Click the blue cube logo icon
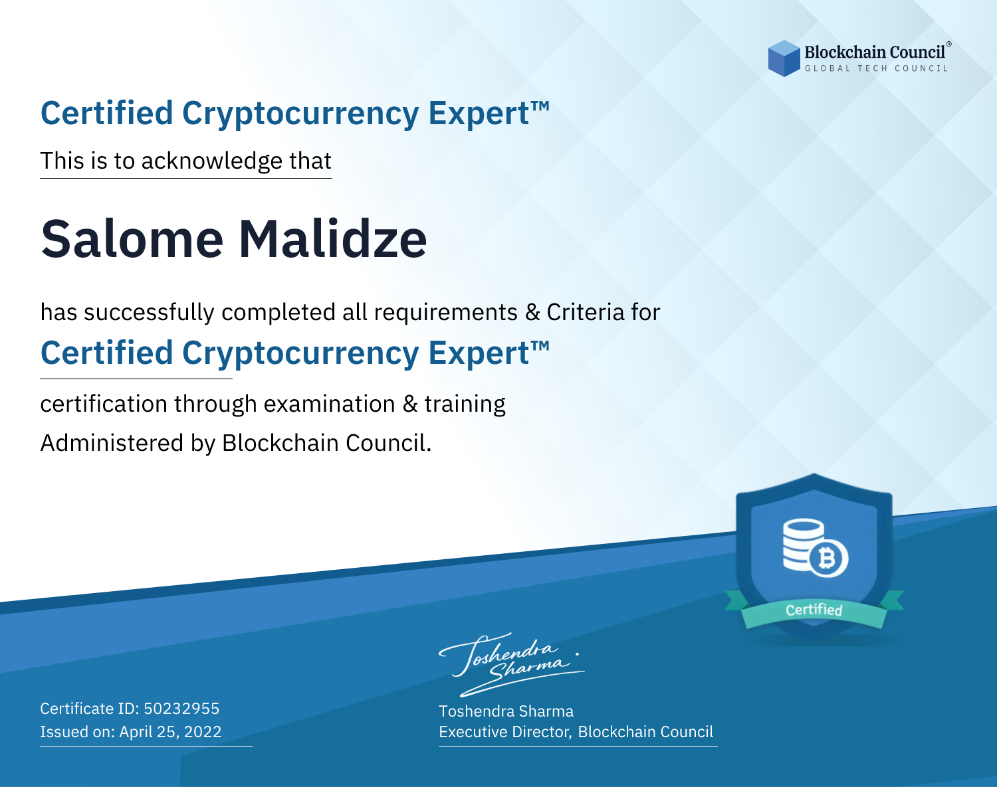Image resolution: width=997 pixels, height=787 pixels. (x=784, y=58)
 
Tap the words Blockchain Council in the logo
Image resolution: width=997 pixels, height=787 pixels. (x=875, y=52)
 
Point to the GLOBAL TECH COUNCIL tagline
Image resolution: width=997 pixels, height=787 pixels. (x=876, y=68)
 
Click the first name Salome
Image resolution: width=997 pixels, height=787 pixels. (x=132, y=239)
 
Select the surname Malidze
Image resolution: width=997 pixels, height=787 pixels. (x=332, y=238)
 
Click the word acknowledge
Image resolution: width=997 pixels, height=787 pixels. (x=212, y=161)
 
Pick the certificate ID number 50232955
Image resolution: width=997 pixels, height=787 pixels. (x=181, y=708)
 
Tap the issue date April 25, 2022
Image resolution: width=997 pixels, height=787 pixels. (x=171, y=731)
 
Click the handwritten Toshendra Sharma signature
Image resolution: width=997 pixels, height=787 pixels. (x=511, y=664)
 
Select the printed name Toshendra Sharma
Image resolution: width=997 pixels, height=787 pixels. (x=506, y=711)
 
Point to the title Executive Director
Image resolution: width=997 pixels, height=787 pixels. (x=504, y=732)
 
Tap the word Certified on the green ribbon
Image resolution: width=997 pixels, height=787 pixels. (x=814, y=610)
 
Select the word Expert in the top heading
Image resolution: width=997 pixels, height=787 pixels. (x=479, y=114)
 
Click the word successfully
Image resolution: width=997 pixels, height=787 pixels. (x=149, y=313)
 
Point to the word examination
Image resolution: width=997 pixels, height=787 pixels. (x=330, y=404)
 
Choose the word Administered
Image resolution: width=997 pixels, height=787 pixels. (x=112, y=443)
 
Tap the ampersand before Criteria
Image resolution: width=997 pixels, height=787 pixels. (x=532, y=312)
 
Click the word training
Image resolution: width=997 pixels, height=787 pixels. (x=465, y=404)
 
